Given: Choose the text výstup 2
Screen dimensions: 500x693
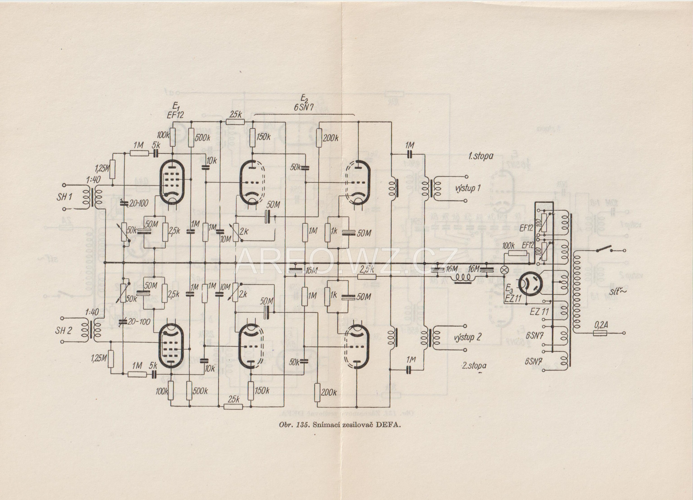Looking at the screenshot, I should click(x=468, y=337).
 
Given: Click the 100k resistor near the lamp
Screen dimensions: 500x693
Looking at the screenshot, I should click(x=518, y=254).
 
